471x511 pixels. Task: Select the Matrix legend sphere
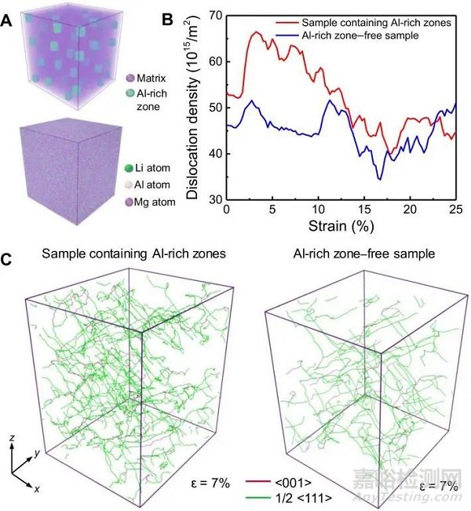pos(120,77)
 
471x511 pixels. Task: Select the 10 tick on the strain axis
pos(317,211)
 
